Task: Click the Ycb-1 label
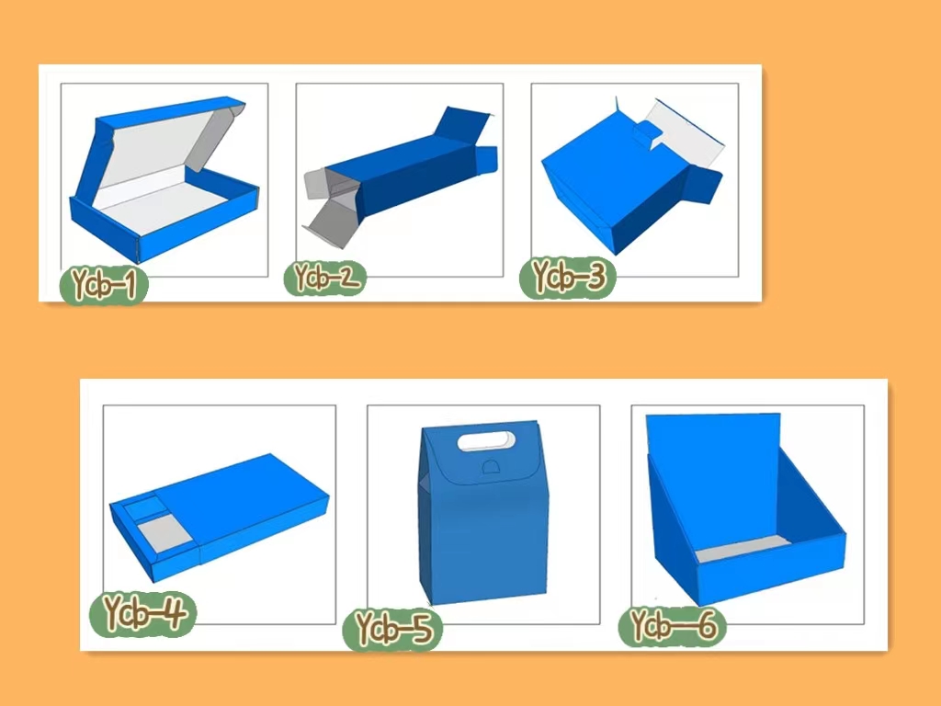click(x=104, y=285)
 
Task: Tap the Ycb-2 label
click(x=325, y=278)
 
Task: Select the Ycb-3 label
click(x=568, y=278)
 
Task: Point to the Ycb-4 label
click(x=142, y=613)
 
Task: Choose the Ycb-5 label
click(x=392, y=628)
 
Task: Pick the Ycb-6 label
click(x=673, y=625)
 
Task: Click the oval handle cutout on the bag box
click(x=486, y=440)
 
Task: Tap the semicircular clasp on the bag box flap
click(x=491, y=466)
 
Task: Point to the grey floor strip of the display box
click(x=743, y=549)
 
